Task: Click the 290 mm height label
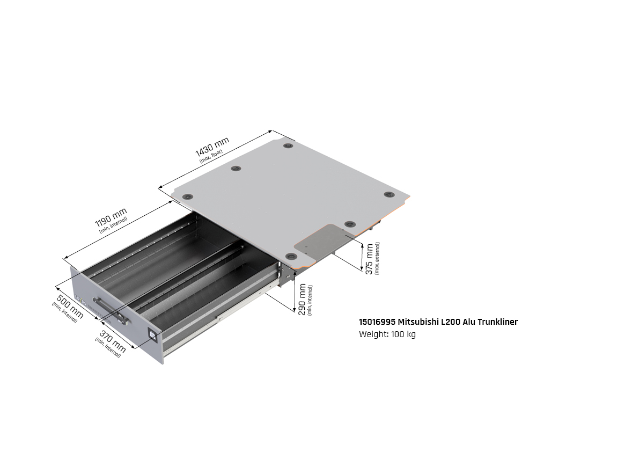tap(302, 300)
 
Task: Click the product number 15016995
tap(377, 322)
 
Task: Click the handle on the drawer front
tap(111, 310)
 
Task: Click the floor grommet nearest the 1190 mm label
tap(187, 197)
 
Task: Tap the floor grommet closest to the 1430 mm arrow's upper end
tap(288, 145)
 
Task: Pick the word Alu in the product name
tap(469, 322)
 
